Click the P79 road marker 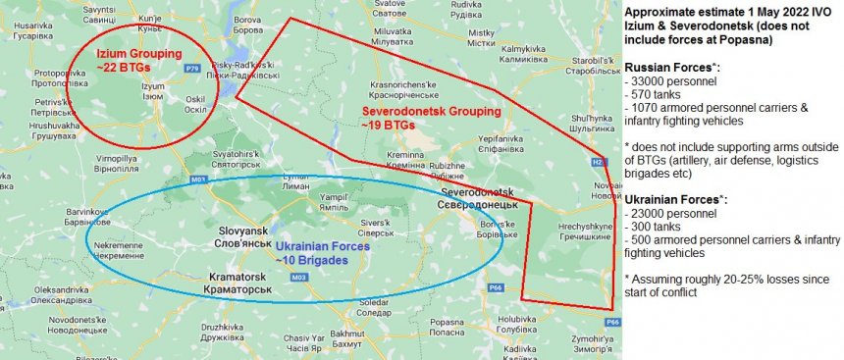(x=192, y=68)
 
